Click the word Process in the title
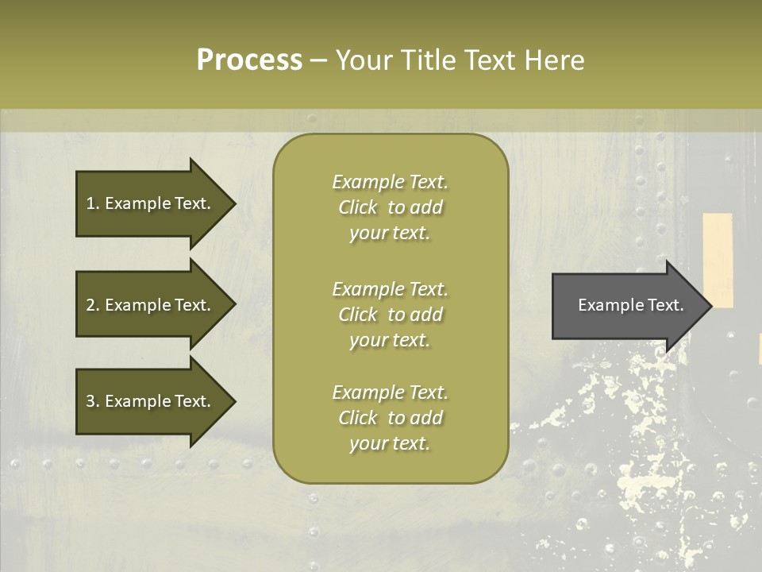(249, 60)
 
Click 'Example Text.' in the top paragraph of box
(390, 182)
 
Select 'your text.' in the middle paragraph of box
(390, 340)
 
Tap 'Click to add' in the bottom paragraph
(390, 418)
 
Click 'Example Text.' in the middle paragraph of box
(390, 288)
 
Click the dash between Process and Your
(318, 60)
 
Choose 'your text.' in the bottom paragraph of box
(390, 443)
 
